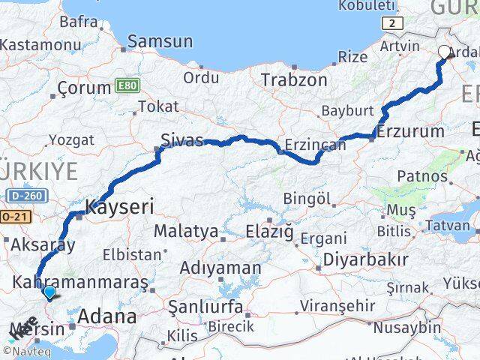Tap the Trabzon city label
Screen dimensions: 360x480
(294, 79)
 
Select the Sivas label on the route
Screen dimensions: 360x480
(181, 138)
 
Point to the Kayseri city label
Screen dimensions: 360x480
(119, 206)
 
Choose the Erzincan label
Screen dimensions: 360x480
(316, 144)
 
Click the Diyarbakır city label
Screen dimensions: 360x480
(363, 260)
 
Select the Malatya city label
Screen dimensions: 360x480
(186, 231)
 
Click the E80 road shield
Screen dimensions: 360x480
(127, 86)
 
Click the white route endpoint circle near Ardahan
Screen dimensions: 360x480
(444, 52)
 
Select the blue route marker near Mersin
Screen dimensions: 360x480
(49, 292)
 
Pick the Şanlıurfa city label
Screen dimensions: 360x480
(205, 306)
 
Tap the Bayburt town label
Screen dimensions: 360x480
(346, 110)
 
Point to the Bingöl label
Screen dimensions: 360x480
(307, 198)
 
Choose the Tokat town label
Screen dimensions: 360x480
(158, 106)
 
